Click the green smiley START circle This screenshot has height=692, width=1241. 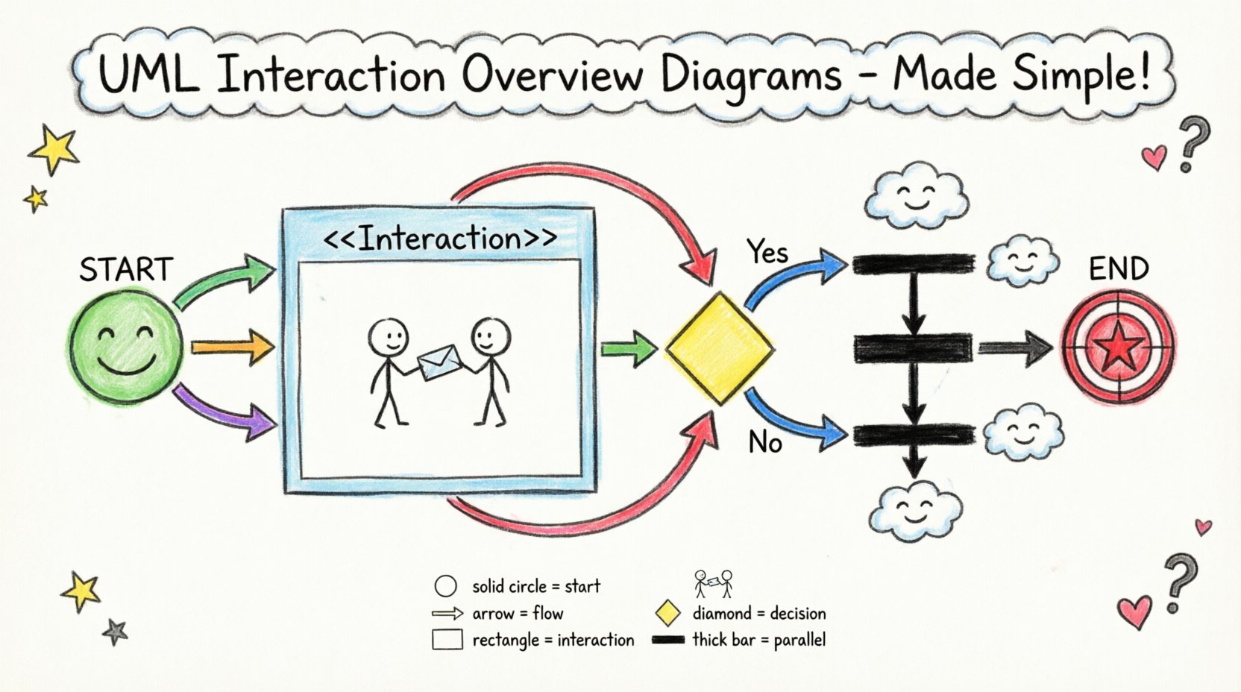125,348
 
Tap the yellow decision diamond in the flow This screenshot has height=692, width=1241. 718,348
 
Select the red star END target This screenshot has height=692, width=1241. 1118,348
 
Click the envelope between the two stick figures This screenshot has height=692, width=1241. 439,361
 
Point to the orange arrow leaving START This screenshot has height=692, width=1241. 232,347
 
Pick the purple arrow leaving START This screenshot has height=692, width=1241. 224,411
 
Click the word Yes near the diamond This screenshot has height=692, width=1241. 767,253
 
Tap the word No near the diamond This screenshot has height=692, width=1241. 765,443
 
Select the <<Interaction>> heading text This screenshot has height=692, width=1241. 440,239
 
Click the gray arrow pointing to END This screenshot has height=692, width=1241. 1014,347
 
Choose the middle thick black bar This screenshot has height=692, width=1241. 913,347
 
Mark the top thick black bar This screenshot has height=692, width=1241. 913,264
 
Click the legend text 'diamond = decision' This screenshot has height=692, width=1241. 758,614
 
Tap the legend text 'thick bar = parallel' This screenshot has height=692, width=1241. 758,640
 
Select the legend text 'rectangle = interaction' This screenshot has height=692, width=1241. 553,640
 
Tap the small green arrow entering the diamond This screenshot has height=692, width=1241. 628,348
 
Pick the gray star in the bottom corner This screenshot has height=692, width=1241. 115,632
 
